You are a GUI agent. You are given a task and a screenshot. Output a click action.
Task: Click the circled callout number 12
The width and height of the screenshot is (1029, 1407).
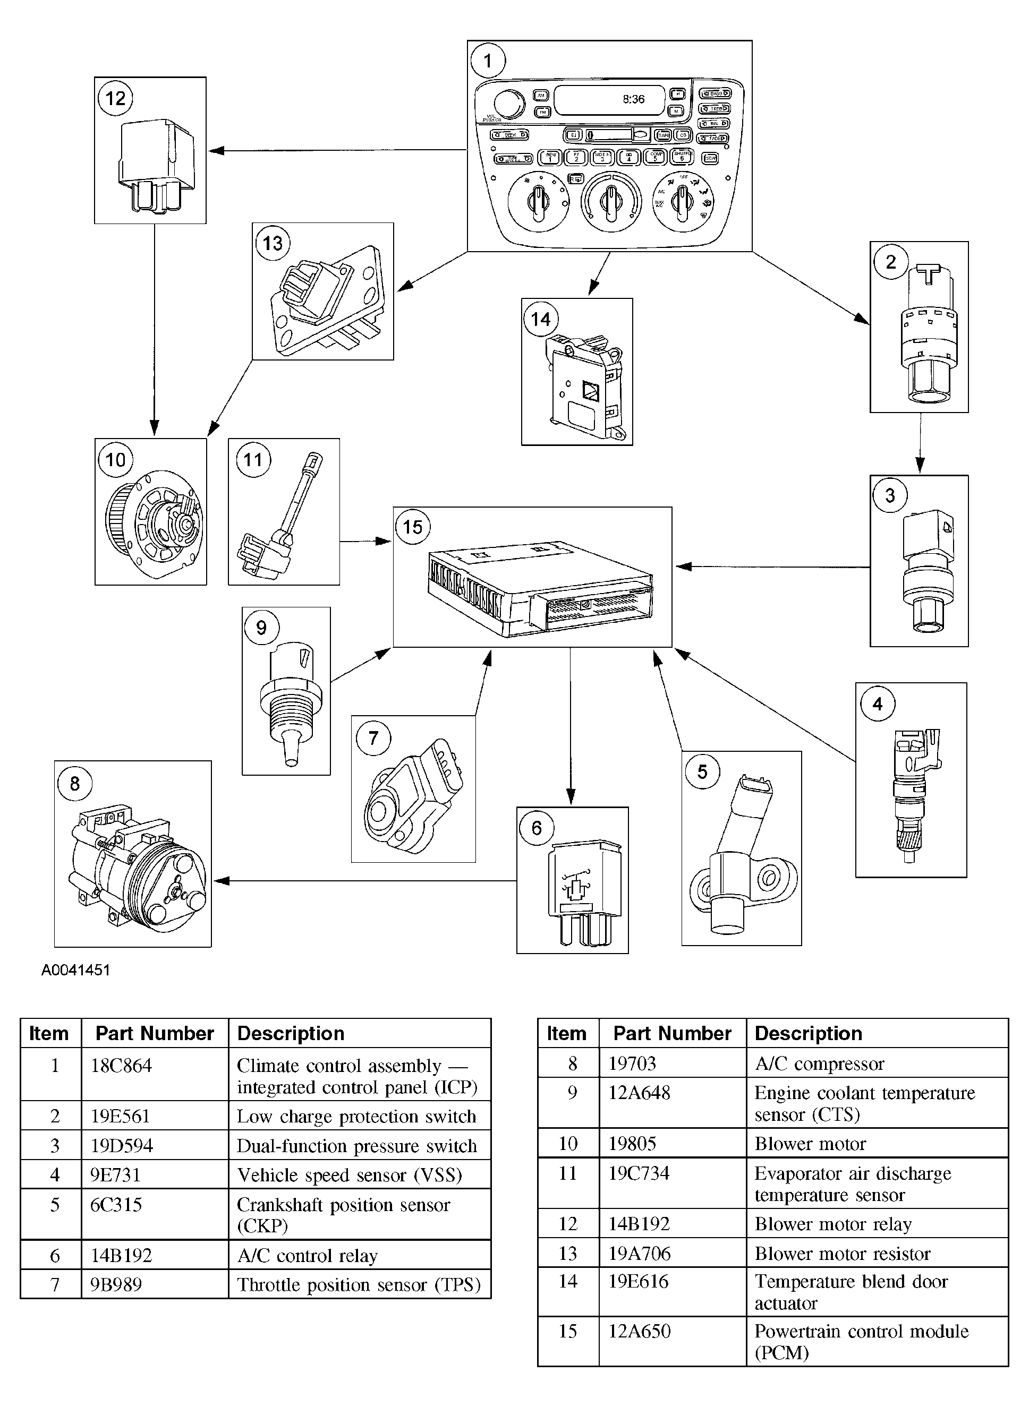pyautogui.click(x=115, y=99)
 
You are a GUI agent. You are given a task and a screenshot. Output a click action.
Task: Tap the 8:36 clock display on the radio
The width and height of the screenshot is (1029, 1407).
pyautogui.click(x=633, y=99)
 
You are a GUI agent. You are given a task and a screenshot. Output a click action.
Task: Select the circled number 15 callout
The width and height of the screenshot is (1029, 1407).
pyautogui.click(x=412, y=527)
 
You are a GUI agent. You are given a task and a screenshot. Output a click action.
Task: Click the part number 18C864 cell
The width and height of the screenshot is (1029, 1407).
pyautogui.click(x=122, y=1065)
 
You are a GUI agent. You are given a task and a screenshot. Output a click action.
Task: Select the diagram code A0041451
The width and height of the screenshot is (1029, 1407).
pyautogui.click(x=75, y=970)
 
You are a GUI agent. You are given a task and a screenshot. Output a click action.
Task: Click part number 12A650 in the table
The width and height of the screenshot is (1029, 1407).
pyautogui.click(x=639, y=1331)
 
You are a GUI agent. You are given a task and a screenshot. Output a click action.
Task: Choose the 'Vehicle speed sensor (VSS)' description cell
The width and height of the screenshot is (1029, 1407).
pyautogui.click(x=350, y=1175)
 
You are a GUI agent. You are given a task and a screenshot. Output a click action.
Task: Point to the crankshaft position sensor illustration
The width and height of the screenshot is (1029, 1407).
pyautogui.click(x=741, y=865)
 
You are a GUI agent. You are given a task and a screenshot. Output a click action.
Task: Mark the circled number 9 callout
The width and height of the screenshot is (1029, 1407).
pyautogui.click(x=261, y=628)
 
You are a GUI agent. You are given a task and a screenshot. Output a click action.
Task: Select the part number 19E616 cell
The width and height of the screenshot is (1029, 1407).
pyautogui.click(x=639, y=1281)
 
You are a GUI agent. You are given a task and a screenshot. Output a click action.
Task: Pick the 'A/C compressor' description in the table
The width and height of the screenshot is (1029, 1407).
pyautogui.click(x=819, y=1063)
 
